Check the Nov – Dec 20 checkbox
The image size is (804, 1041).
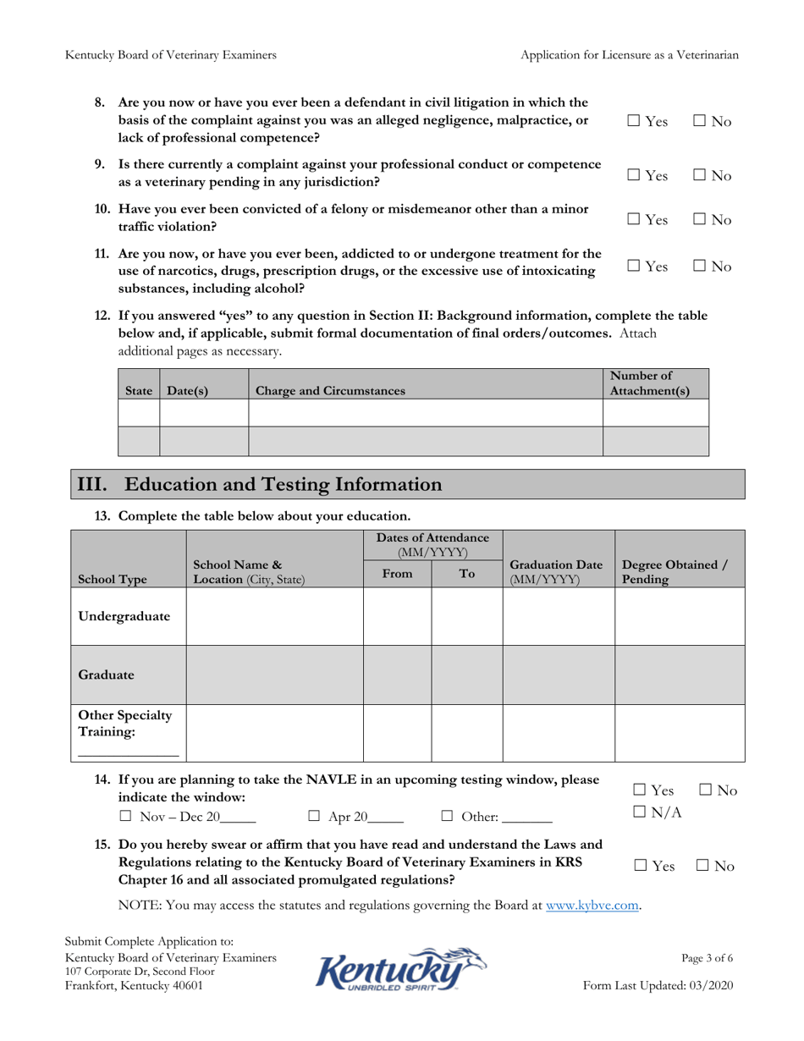click(x=125, y=818)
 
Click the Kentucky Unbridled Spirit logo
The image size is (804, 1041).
click(x=401, y=970)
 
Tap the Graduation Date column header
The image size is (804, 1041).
click(x=543, y=572)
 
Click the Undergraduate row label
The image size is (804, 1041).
click(x=124, y=615)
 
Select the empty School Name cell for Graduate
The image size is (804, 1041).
click(x=274, y=675)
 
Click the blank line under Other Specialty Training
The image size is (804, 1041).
click(x=128, y=752)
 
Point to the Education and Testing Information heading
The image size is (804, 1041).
click(x=259, y=485)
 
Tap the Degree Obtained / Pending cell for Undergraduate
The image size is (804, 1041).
click(x=679, y=616)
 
